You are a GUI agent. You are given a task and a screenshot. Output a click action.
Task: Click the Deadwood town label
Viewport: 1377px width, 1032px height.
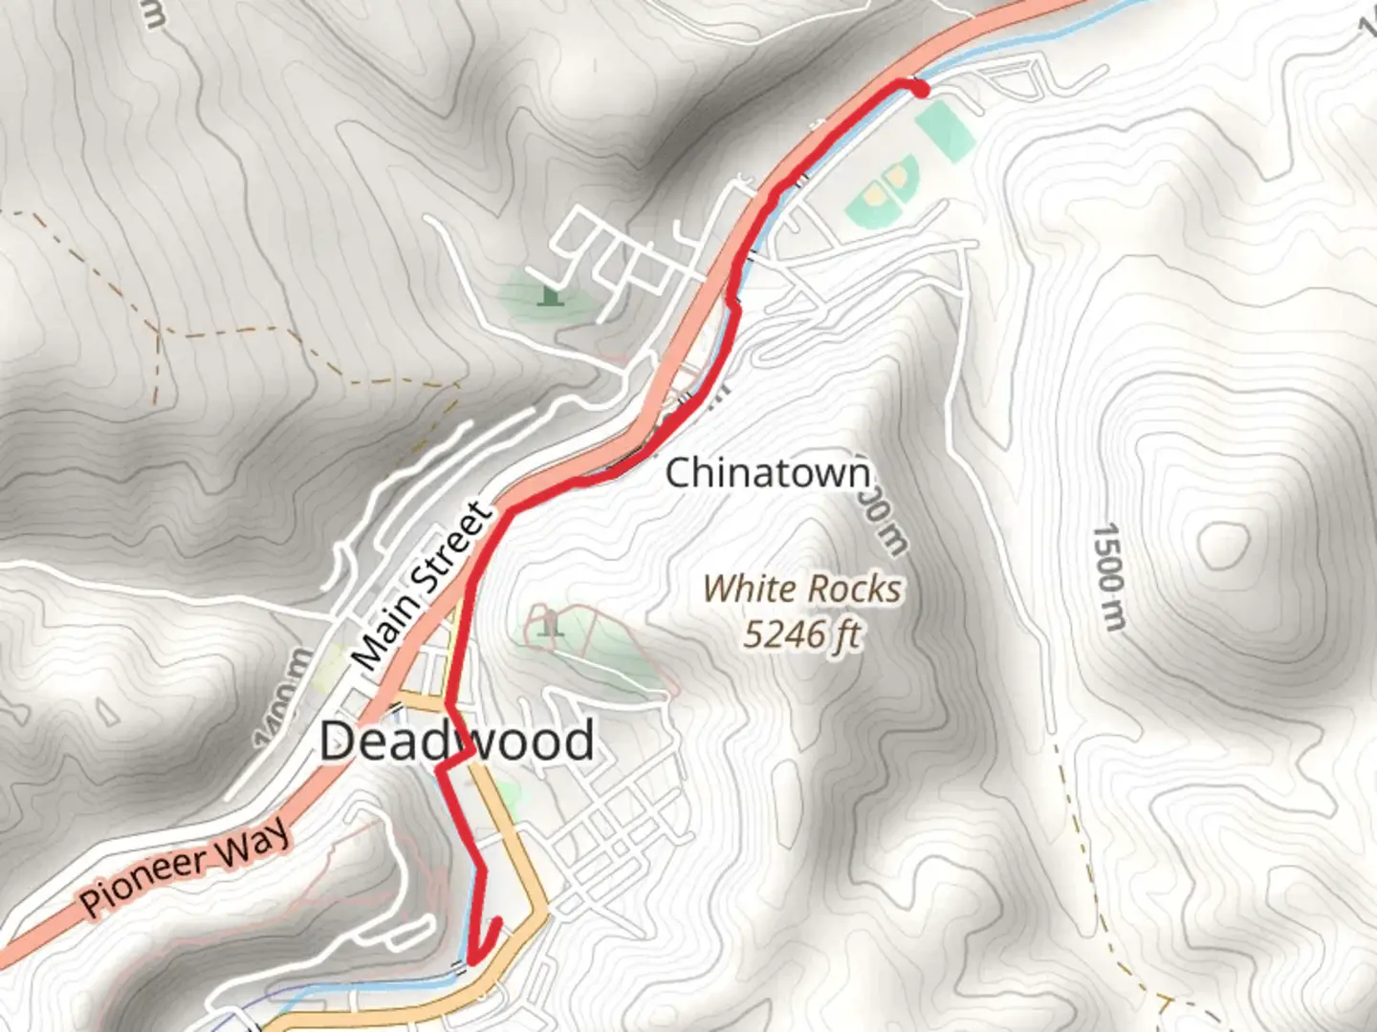[x=456, y=742]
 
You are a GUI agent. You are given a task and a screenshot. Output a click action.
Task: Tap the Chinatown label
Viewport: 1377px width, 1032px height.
[x=768, y=473]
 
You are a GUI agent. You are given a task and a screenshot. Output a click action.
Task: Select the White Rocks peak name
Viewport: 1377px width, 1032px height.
[x=801, y=589]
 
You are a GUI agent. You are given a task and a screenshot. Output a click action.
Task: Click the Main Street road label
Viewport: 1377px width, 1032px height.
[x=422, y=586]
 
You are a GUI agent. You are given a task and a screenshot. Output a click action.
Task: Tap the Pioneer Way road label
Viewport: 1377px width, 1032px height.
[x=185, y=867]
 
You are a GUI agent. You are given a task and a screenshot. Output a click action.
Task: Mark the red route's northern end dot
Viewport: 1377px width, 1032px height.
[x=920, y=90]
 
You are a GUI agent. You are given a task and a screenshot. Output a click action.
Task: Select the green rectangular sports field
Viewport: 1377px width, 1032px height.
[x=945, y=131]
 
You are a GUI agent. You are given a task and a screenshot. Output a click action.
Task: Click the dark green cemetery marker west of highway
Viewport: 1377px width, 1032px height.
[x=548, y=295]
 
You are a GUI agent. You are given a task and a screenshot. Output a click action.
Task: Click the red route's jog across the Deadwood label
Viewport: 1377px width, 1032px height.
[x=455, y=760]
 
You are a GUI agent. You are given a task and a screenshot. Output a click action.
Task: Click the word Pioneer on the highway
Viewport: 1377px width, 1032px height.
[x=143, y=882]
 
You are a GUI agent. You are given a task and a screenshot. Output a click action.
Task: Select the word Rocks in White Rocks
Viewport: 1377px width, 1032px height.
[x=854, y=589]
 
